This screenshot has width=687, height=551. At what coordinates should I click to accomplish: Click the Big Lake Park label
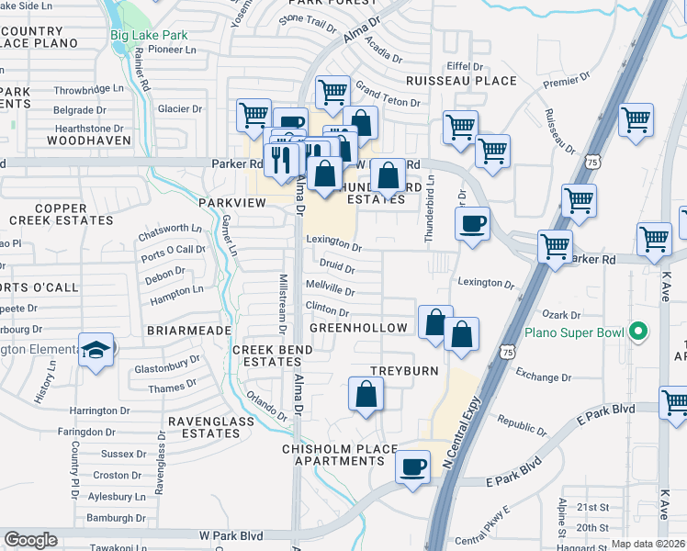pos(148,36)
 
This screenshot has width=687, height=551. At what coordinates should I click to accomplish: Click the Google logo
pos(30,539)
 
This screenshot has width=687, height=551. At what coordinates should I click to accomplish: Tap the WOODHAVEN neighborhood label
pos(84,141)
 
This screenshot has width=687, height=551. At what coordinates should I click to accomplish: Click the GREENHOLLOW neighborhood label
pos(358,328)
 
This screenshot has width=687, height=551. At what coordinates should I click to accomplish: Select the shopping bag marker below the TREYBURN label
pos(366,395)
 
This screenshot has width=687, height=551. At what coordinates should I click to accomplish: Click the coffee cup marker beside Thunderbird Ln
pos(473,223)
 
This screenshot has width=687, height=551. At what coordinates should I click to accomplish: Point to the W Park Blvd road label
pos(231,534)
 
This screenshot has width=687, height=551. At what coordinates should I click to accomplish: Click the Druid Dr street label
pos(337,269)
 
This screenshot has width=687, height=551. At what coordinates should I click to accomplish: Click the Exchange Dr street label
pos(544,377)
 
